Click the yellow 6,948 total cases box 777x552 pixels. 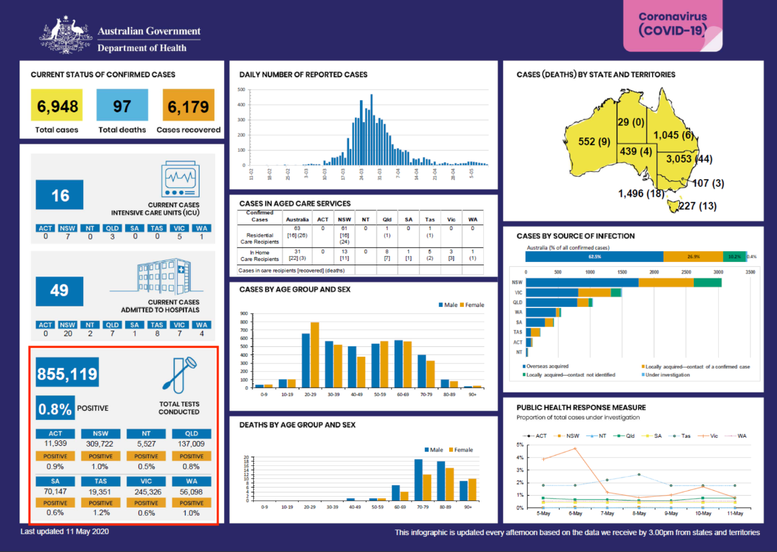pos(58,106)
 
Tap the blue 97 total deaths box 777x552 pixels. pos(122,106)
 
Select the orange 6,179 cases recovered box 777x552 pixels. pos(188,106)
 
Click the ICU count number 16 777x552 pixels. pos(59,195)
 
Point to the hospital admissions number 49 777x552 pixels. pos(59,291)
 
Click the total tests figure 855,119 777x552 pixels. pos(67,374)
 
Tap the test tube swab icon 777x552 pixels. pos(180,373)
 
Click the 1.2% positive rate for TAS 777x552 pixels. pos(101,513)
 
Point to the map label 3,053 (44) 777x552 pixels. pos(688,159)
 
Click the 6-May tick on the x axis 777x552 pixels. pos(575,514)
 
